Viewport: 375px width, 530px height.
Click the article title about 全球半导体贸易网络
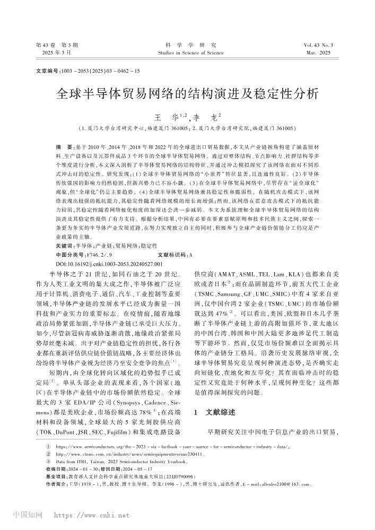[187, 94]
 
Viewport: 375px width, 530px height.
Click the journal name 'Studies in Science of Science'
[187, 53]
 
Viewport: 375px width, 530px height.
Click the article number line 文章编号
[88, 71]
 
